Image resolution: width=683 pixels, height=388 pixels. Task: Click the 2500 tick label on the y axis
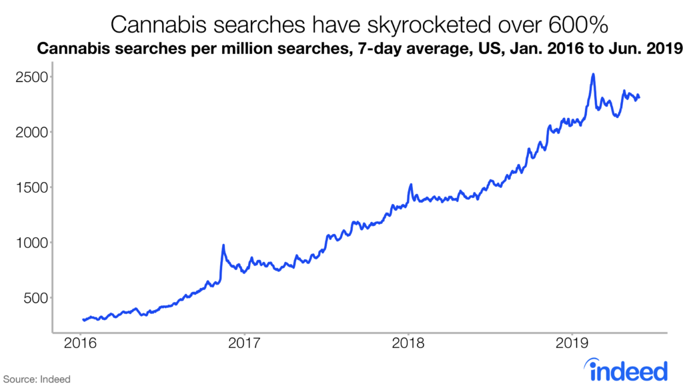pos(31,77)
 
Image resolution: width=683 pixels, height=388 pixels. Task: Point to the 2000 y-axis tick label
pos(31,132)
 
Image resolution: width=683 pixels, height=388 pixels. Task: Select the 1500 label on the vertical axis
pos(31,187)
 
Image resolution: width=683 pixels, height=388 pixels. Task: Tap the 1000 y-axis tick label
pos(31,243)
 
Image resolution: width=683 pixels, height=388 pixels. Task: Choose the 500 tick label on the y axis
pos(34,298)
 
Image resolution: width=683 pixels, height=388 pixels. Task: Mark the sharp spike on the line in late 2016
pos(223,245)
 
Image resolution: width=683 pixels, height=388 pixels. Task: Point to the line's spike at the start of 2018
pos(411,185)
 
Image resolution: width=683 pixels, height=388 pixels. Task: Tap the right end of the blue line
pos(639,98)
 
